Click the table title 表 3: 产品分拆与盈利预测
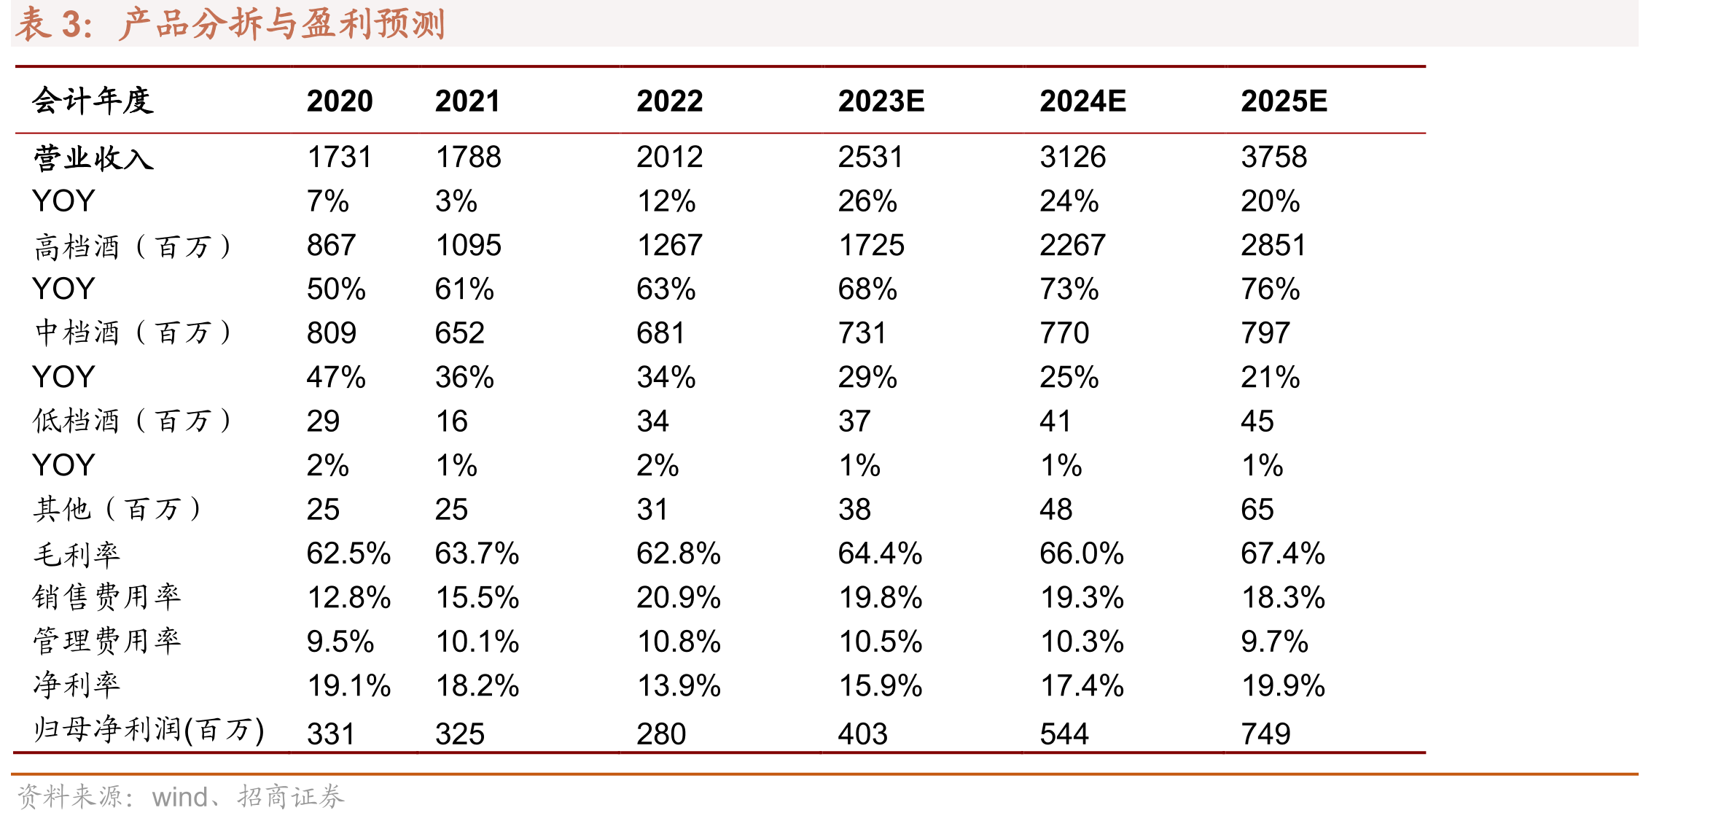tap(230, 23)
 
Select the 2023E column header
tap(881, 101)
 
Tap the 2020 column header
tap(340, 101)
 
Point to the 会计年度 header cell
tap(93, 101)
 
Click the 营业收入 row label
tap(93, 157)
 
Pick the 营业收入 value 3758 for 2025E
tap(1274, 157)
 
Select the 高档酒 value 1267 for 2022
tap(670, 245)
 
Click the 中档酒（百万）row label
tap(133, 333)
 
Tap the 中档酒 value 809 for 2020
tap(332, 333)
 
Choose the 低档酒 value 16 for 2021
tap(452, 421)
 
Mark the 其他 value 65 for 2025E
tap(1257, 510)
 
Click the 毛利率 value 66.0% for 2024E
tap(1082, 553)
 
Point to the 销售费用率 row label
tap(107, 598)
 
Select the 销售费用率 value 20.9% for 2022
tap(679, 598)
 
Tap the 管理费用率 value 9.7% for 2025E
tap(1275, 642)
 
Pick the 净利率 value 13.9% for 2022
tap(679, 686)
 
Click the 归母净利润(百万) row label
tap(149, 730)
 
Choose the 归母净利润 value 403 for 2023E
tap(863, 734)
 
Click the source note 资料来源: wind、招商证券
tap(180, 797)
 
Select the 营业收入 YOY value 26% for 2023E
tap(867, 201)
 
